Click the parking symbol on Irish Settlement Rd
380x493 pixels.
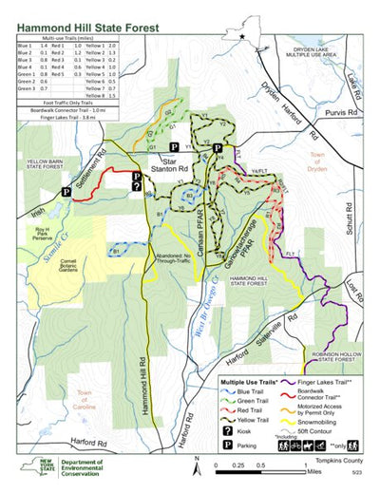66,191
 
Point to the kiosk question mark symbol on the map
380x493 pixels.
136,187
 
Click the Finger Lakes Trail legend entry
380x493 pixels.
319,381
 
